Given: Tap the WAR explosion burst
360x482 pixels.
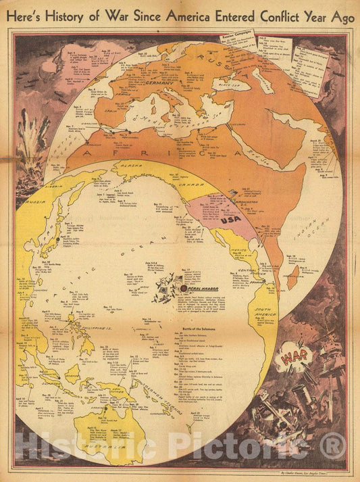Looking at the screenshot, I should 295,354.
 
